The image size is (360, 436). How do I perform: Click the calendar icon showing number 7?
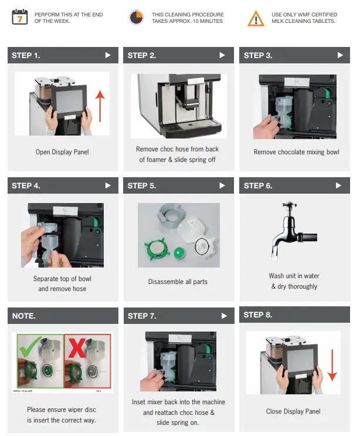pos(19,17)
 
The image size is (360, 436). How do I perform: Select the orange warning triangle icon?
pos(256,18)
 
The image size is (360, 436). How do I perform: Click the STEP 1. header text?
pos(26,55)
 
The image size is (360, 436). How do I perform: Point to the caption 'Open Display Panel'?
pos(62,152)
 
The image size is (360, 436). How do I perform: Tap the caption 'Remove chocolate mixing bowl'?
pos(296,152)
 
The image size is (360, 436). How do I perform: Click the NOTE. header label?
pos(24,316)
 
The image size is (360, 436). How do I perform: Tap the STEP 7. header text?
pos(142,316)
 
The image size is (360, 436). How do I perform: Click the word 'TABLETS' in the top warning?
pos(322,21)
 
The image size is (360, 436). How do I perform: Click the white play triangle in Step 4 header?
pos(107,185)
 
